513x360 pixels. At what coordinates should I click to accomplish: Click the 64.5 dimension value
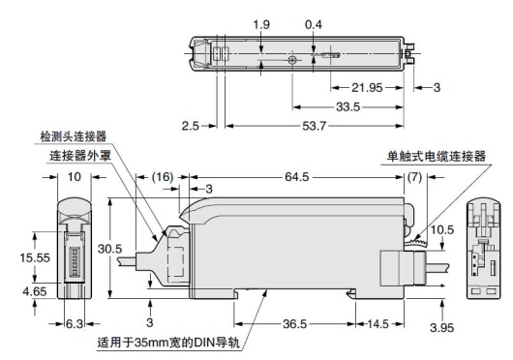click(x=296, y=177)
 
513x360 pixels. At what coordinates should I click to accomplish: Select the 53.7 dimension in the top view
click(x=314, y=126)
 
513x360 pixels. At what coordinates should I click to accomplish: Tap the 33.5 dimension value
click(x=347, y=106)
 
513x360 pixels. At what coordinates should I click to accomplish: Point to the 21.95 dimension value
click(x=367, y=88)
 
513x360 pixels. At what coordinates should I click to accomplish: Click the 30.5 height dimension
click(x=110, y=249)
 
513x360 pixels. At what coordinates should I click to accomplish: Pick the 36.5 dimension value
click(x=295, y=324)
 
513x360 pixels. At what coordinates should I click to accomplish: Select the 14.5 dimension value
click(x=377, y=324)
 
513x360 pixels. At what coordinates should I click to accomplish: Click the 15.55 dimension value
click(x=35, y=257)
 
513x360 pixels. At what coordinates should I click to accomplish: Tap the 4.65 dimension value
click(x=35, y=291)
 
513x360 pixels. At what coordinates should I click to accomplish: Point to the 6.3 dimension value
click(x=75, y=324)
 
